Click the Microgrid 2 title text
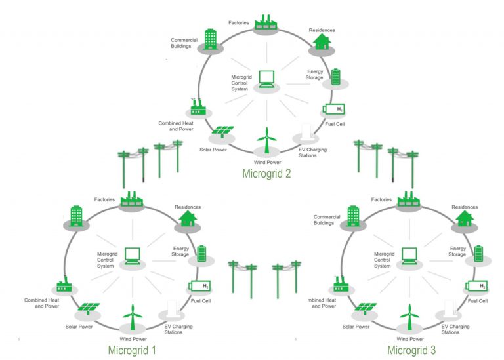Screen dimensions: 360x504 coord(266,174)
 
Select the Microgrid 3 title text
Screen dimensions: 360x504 coord(411,350)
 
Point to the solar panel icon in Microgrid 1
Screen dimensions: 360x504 coord(88,308)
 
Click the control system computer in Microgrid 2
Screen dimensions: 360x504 coord(266,79)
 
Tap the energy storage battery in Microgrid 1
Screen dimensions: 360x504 coord(201,253)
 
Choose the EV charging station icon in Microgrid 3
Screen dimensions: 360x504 coord(450,308)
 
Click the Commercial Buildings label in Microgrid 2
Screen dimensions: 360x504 coord(184,43)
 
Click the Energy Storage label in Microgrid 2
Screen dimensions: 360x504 coord(314,74)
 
